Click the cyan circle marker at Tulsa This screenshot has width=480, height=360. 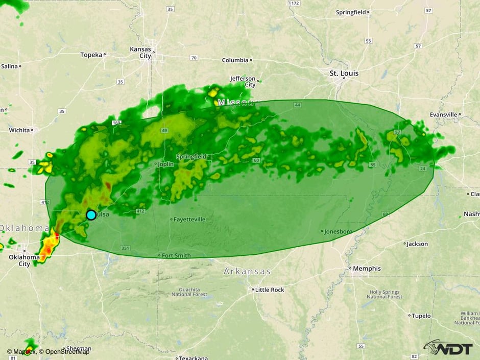coord(91,215)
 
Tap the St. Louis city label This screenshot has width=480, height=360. coord(344,74)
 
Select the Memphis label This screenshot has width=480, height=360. coord(367,269)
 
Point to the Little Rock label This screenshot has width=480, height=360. coord(270,290)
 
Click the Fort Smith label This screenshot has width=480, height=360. coord(176,255)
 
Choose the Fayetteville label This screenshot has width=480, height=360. coord(189,220)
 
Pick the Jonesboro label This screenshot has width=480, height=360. coord(339,231)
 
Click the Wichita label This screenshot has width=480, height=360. coord(19,130)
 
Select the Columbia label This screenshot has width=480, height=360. coord(235,60)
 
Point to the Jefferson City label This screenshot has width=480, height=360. coord(243,82)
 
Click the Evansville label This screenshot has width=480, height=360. coord(443,115)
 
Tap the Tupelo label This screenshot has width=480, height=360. coord(421,316)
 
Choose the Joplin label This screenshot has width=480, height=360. coord(166,164)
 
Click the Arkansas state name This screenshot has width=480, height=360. coord(247,272)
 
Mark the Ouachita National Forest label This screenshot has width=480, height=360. coord(189,292)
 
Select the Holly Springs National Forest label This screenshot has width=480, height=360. coord(386,294)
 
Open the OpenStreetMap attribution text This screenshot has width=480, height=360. coord(67,351)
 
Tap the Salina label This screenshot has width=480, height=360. coord(9,66)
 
